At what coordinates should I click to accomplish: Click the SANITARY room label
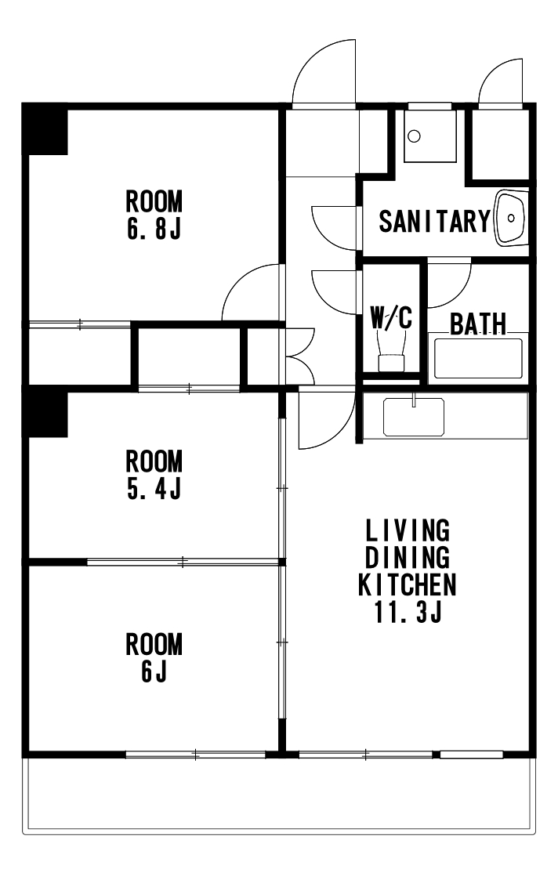(434, 221)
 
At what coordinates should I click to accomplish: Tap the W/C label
(391, 317)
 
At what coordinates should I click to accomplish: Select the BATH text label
(478, 324)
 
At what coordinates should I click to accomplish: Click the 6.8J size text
(154, 228)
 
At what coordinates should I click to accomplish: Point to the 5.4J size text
(154, 488)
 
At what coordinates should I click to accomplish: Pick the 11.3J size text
(408, 612)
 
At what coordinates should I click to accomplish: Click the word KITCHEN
(408, 584)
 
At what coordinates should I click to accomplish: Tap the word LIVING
(408, 530)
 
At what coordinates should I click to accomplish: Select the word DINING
(408, 557)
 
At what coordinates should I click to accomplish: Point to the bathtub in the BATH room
(478, 358)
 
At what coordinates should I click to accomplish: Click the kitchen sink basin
(413, 417)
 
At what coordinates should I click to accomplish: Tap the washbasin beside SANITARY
(510, 217)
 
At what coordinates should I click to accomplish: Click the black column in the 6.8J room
(45, 132)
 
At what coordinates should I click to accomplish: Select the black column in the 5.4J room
(45, 414)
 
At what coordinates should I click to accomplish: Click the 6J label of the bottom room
(154, 671)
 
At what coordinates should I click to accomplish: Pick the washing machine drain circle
(414, 136)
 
